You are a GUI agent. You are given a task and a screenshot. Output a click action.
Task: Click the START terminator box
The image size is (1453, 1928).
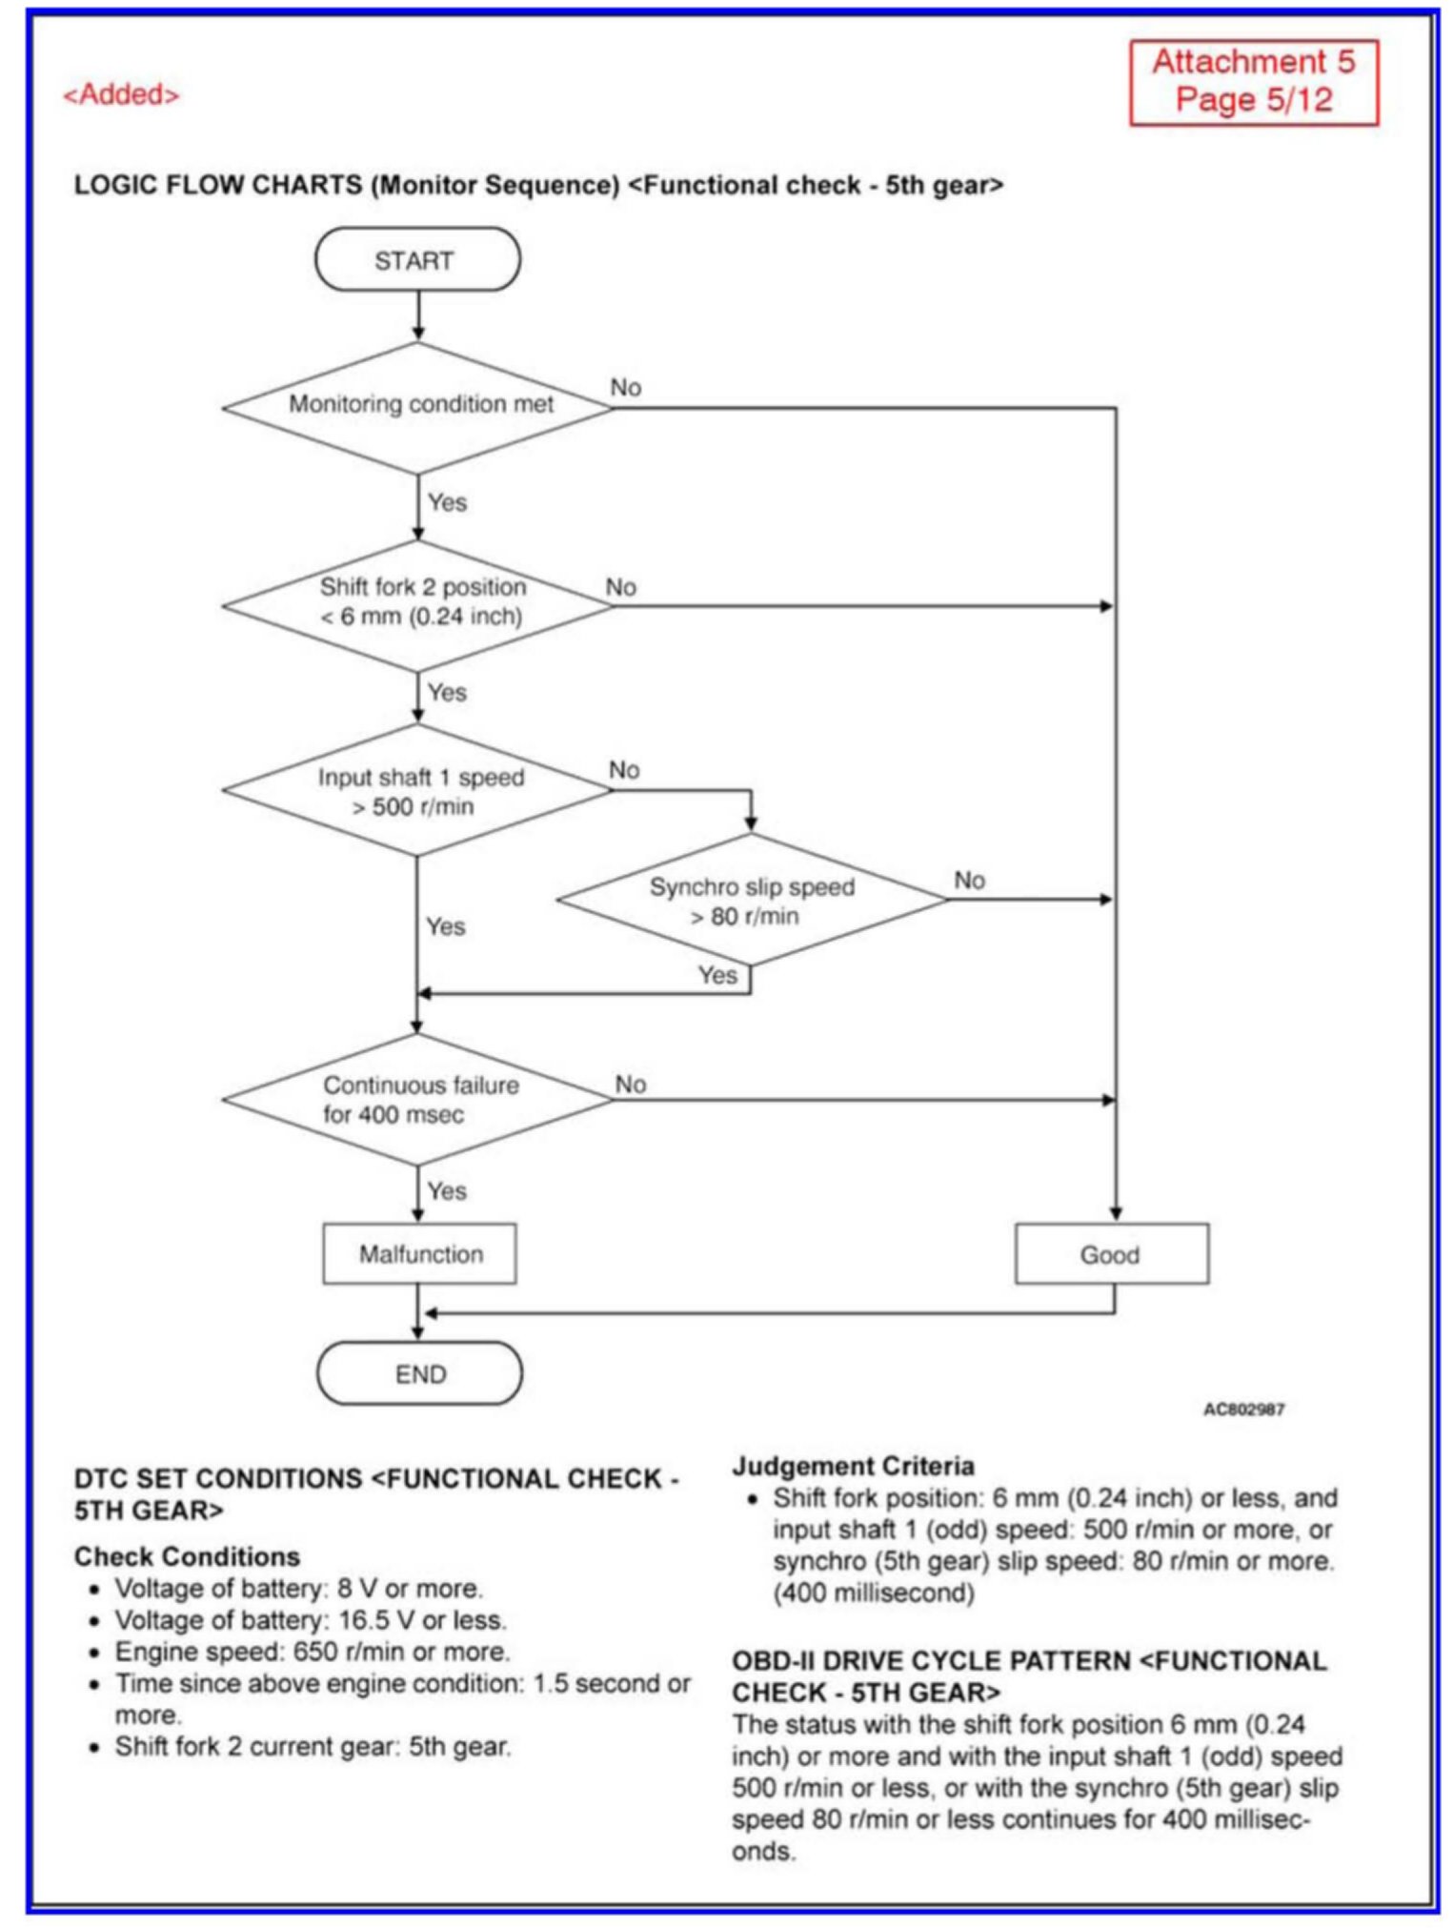tap(417, 259)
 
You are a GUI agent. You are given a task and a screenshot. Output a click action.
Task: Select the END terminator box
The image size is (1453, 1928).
tap(419, 1373)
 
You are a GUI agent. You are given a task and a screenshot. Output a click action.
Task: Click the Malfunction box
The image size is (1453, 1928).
tap(419, 1254)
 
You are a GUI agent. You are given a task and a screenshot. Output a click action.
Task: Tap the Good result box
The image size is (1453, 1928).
tap(1111, 1254)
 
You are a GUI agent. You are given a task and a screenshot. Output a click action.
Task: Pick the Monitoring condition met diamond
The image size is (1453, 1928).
tap(418, 406)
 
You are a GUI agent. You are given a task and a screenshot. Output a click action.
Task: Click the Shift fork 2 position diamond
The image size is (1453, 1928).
tap(418, 603)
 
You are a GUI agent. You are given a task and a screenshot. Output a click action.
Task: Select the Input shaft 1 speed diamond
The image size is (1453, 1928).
tap(418, 791)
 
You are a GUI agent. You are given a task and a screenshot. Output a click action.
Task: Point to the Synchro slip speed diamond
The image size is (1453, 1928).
tap(751, 901)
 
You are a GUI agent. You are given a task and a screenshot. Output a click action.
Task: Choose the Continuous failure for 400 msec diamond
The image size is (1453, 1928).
tap(418, 1100)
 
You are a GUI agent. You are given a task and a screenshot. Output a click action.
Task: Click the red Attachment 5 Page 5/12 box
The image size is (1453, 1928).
tap(1253, 82)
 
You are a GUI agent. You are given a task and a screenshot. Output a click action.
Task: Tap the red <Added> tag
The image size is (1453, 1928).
tap(121, 94)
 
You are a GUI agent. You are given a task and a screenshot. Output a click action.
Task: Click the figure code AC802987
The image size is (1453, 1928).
tap(1243, 1409)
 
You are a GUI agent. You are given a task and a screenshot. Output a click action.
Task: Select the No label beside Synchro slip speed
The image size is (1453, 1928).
tap(969, 880)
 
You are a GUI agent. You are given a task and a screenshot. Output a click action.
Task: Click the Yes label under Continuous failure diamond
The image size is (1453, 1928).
tap(446, 1191)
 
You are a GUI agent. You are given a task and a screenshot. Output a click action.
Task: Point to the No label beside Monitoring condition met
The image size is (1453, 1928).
tap(626, 387)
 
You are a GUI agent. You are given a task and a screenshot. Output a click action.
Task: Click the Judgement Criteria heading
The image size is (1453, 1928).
tap(852, 1466)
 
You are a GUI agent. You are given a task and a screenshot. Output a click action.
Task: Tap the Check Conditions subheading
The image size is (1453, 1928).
tap(187, 1556)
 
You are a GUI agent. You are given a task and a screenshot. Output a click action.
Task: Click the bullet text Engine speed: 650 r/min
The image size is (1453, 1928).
tap(312, 1652)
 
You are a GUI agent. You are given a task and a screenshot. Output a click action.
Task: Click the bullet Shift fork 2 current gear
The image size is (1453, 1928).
tap(313, 1747)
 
